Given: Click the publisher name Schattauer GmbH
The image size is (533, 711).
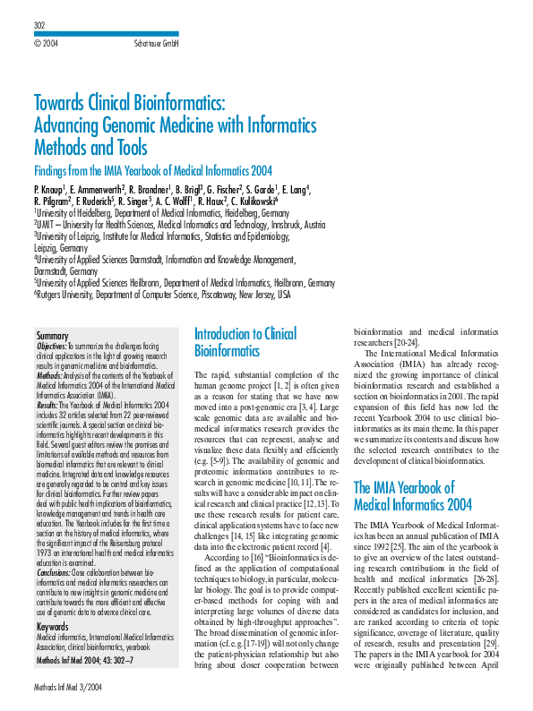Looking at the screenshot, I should [157, 43].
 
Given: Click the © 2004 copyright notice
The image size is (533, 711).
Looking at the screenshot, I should [46, 43].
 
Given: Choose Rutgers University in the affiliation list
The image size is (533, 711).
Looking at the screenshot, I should [73, 294].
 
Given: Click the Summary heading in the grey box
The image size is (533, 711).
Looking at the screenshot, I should [52, 336].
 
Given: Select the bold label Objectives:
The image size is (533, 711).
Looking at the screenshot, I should [52, 346].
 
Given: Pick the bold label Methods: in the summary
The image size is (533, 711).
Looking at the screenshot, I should [49, 375].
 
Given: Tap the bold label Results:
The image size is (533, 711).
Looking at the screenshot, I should [47, 405].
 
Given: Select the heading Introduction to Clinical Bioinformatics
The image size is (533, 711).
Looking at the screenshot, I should [245, 342].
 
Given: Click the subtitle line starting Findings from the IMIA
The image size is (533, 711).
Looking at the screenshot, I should [152, 171].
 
